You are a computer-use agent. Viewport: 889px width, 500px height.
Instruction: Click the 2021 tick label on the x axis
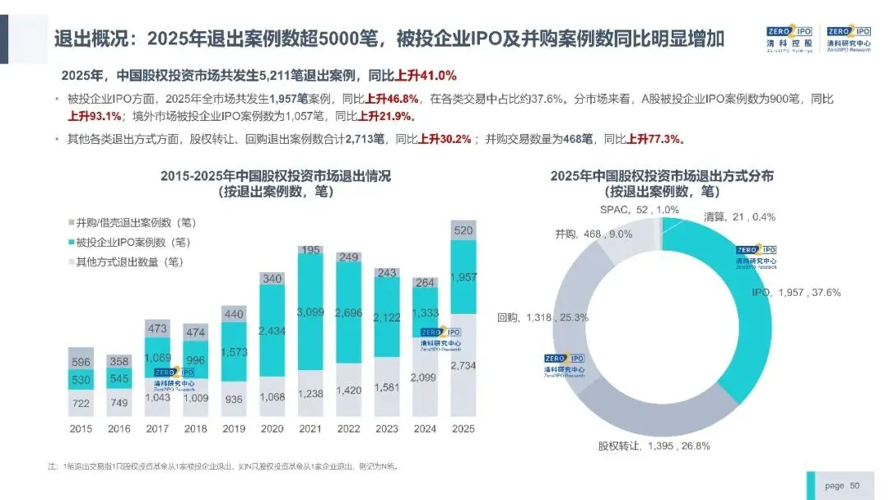point(310,428)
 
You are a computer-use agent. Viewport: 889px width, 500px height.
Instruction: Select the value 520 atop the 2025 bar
point(463,229)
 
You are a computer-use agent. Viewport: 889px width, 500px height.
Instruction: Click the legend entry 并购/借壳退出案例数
point(134,223)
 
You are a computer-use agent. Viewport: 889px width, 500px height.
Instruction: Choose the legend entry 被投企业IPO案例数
point(132,243)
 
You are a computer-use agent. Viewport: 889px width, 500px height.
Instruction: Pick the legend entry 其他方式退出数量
point(128,262)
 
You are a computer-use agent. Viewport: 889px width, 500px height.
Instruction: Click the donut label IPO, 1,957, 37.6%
point(795,292)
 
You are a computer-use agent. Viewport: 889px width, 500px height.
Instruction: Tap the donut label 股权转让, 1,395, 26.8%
point(654,446)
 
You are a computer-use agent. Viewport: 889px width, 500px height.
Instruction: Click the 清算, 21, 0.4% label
point(739,217)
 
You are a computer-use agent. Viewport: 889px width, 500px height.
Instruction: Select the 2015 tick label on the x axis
point(81,428)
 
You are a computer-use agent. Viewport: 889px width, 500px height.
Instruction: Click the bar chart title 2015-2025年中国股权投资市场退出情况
point(276,175)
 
